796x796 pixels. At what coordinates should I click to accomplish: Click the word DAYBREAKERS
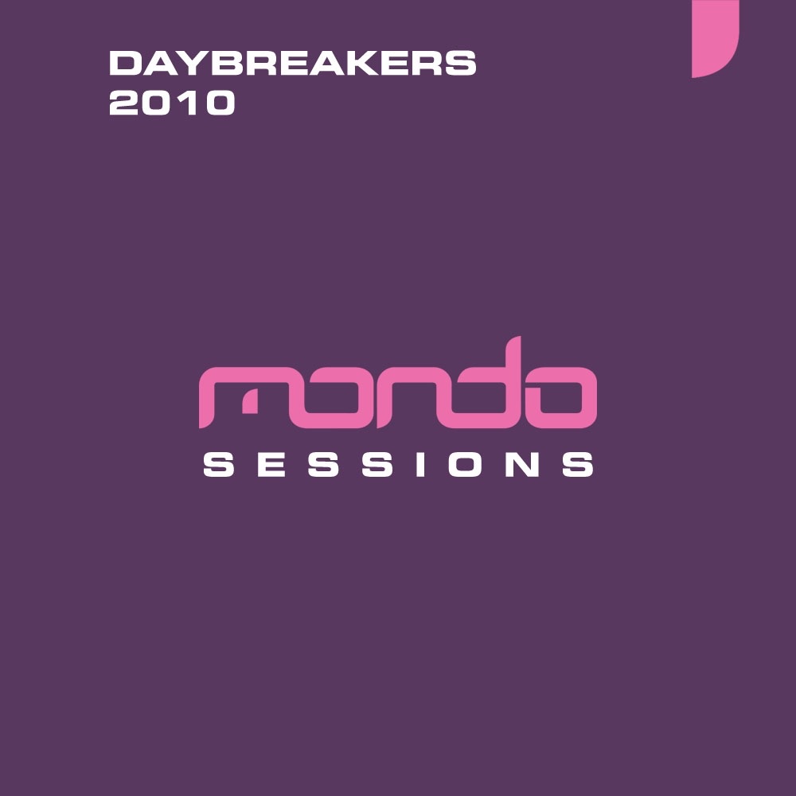[292, 64]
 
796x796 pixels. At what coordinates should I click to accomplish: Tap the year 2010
[172, 104]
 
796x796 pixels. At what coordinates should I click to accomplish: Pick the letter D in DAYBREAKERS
[123, 64]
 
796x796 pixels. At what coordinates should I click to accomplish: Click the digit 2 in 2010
[123, 104]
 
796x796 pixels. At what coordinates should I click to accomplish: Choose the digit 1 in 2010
[189, 104]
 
